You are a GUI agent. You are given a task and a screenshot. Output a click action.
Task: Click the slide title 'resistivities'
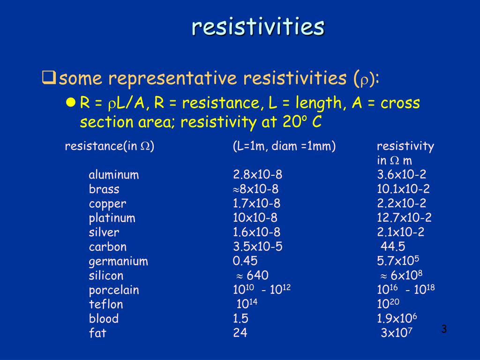coord(257,27)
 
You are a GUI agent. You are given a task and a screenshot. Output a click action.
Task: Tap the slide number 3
coord(444,330)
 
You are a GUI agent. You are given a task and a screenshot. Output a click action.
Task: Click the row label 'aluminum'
coord(114,175)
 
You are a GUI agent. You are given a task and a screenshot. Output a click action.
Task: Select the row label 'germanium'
coord(118,262)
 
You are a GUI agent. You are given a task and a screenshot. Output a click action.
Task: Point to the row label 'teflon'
coord(106,305)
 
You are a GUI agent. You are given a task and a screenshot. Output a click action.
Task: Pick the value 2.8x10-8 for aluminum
coord(257,175)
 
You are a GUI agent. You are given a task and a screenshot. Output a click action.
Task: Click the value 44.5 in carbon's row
coord(393,247)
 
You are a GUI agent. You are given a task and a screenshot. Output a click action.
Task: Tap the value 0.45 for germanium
coord(245,262)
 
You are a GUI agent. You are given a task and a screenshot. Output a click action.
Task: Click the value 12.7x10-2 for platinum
coord(404,218)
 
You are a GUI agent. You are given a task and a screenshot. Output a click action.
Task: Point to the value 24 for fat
coord(240,333)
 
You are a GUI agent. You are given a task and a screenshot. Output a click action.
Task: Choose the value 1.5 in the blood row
coord(240,319)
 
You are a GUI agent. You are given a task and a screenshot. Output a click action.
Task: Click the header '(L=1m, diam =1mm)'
coord(284,146)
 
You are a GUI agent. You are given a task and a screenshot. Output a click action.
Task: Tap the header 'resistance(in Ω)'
coord(110,146)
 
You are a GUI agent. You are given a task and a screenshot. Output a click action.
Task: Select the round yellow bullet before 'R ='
coord(71,103)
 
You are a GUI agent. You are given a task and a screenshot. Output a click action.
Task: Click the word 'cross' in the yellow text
coord(400,103)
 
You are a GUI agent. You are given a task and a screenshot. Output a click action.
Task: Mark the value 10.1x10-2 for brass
coord(403,190)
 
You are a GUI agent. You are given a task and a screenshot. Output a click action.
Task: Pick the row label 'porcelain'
coord(114,290)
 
